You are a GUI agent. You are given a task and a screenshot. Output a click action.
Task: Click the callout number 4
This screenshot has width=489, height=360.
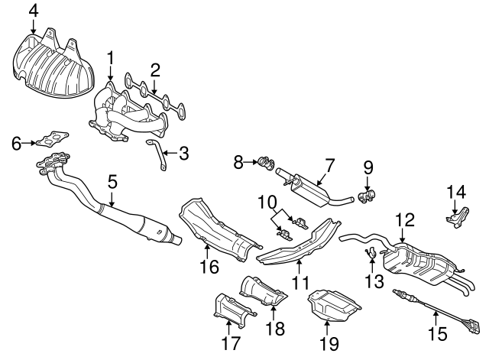pyautogui.click(x=33, y=10)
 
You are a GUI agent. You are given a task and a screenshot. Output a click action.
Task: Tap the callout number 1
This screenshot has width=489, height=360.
pyautogui.click(x=111, y=58)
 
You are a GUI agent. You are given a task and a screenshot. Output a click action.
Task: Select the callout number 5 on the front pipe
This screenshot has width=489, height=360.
pyautogui.click(x=112, y=183)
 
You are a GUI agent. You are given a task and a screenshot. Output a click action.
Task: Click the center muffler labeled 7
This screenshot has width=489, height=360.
pyautogui.click(x=309, y=184)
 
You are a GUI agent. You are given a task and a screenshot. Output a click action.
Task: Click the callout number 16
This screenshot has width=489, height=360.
pyautogui.click(x=209, y=267)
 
